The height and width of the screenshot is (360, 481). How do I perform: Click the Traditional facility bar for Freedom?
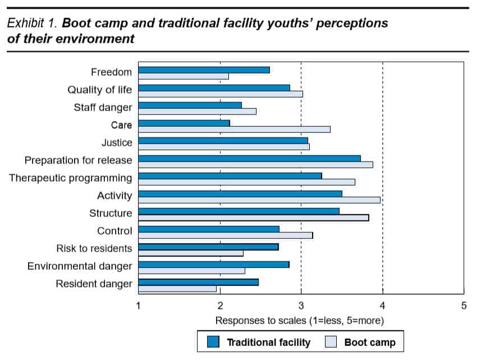click(204, 70)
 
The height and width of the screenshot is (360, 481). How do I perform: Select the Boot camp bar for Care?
click(234, 129)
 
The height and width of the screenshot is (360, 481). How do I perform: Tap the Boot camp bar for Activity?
click(259, 200)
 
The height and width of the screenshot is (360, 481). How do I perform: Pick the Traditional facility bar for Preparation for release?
click(249, 158)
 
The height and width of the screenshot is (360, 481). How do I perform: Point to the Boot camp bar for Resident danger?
click(177, 289)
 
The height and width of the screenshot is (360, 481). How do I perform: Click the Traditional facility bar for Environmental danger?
click(214, 264)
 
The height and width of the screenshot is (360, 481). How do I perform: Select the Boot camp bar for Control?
click(225, 235)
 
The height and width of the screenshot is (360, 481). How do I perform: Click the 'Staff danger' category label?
click(103, 108)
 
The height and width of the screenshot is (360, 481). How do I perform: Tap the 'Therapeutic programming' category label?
click(71, 178)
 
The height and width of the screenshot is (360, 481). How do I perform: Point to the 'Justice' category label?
click(117, 143)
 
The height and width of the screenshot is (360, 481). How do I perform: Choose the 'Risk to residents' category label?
click(94, 248)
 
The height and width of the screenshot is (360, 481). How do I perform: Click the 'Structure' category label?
click(111, 213)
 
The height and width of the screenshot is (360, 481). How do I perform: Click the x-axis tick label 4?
click(383, 306)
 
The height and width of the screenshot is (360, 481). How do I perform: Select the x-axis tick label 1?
click(139, 306)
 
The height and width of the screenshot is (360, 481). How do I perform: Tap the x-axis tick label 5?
click(464, 306)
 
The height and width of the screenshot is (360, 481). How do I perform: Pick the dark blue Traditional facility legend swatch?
click(213, 342)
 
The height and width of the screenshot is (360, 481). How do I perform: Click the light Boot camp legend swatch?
click(331, 342)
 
